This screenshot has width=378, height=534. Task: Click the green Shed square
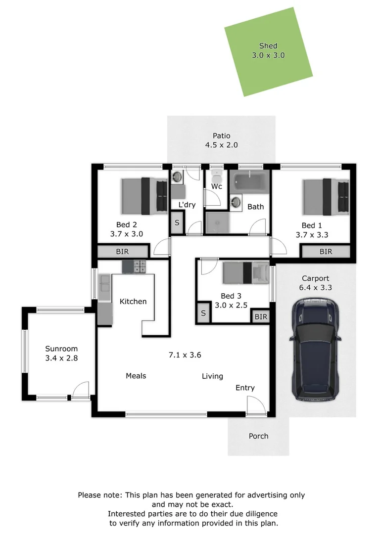pos(268,52)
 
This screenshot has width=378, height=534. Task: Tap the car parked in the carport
pos(315,349)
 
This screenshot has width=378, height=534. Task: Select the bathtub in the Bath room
pos(249,181)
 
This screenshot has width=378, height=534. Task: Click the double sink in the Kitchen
pos(104,283)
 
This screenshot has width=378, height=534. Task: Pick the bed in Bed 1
pos(326,197)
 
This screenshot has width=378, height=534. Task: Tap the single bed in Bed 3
pos(246,272)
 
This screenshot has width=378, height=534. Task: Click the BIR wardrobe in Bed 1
pos(326,252)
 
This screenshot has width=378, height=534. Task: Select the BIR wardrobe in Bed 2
pos(123,251)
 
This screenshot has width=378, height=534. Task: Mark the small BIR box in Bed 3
pos(261,317)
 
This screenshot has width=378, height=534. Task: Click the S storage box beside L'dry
pos(177,222)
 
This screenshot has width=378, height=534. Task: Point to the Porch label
pos(258,436)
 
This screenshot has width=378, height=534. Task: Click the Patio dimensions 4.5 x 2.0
pos(222,145)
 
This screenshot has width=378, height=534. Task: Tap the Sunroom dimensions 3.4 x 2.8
pos(61,358)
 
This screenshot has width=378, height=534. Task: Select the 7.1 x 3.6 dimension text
pos(185,355)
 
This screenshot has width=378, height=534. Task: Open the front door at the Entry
pos(256,406)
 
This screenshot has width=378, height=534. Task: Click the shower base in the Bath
pos(217,222)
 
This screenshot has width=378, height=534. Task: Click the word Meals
pos(136,376)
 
